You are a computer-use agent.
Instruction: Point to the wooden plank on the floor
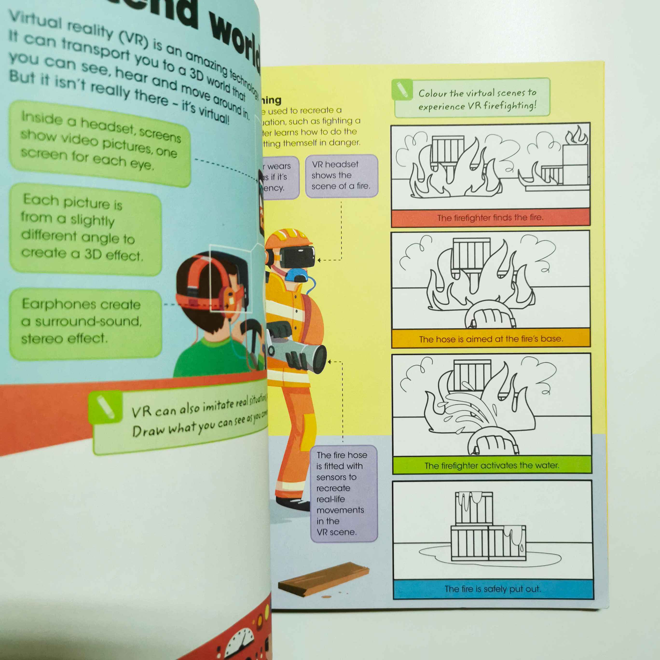323,579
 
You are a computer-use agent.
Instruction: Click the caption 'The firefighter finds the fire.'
490,218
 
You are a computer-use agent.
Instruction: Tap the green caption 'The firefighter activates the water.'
492,465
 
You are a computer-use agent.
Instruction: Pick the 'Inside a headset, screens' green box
99,143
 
